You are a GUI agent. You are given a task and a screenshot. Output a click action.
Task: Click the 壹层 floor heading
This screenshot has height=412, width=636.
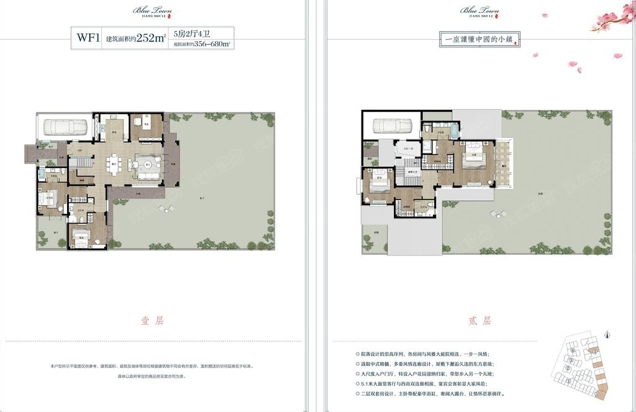pos(152,321)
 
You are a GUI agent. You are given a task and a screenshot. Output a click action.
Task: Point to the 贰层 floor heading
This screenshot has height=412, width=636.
pos(479,321)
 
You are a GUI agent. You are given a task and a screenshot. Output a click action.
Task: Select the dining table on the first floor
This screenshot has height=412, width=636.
pos(113,165)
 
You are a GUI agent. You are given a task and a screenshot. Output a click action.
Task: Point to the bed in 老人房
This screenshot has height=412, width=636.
pos(51,200)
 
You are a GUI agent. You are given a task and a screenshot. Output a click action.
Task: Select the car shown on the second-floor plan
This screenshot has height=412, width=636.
pos(393,126)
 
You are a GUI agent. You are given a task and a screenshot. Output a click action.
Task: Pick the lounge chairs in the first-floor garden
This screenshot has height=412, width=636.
pos(166,209)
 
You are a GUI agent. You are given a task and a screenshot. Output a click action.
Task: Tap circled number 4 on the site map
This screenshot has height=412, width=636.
pos(594,352)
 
